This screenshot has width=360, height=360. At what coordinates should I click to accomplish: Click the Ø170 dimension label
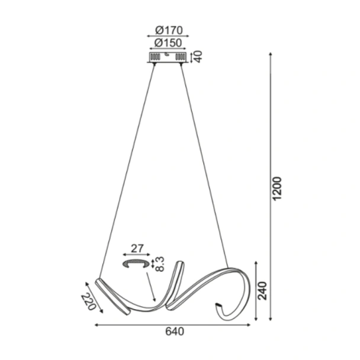pyautogui.click(x=169, y=30)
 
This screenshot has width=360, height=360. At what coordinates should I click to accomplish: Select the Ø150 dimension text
pyautogui.click(x=168, y=43)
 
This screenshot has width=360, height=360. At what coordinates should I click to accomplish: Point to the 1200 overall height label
pyautogui.click(x=277, y=188)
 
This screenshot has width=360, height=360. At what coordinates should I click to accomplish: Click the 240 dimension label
pyautogui.click(x=262, y=291)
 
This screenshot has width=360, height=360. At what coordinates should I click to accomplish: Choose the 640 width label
pyautogui.click(x=175, y=332)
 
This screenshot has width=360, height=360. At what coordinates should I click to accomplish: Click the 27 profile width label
pyautogui.click(x=137, y=249)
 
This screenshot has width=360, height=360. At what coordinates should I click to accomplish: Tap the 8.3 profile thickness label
pyautogui.click(x=160, y=264)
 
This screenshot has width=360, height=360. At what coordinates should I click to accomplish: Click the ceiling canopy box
pyautogui.click(x=168, y=57)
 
